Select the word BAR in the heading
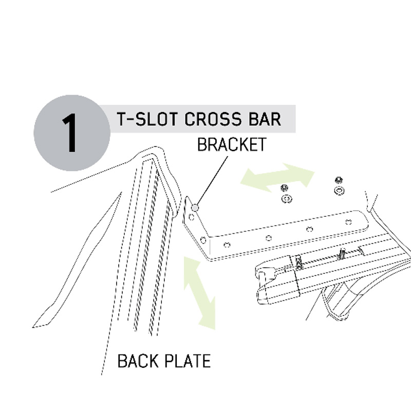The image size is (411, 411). coord(263,119)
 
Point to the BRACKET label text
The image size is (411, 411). coord(232,144)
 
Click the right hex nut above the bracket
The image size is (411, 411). coord(339,180)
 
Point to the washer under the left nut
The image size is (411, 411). coord(285,198)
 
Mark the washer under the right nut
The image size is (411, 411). coord(339,191)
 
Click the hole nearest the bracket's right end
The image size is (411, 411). coord(349,222)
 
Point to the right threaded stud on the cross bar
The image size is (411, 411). coord(342,254)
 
